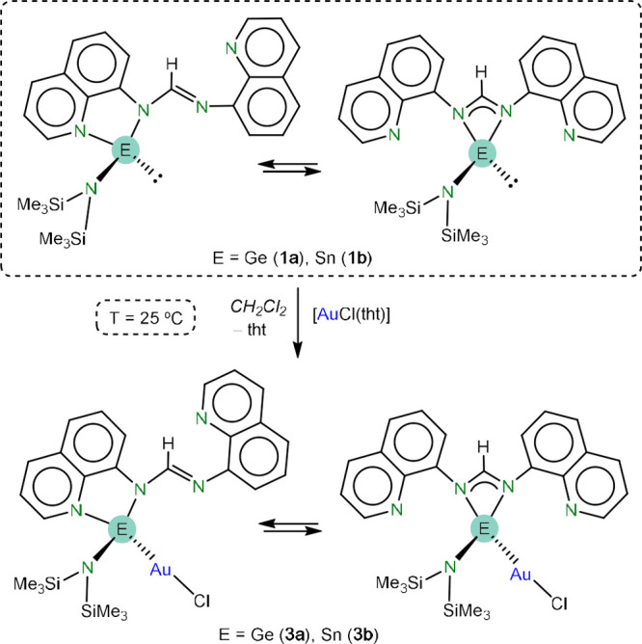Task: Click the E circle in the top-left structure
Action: (x=122, y=148)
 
